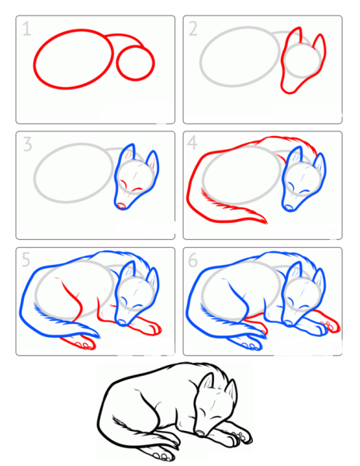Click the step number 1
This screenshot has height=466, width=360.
tap(26, 30)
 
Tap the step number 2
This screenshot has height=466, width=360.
tap(193, 30)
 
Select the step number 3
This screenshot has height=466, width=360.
tap(27, 144)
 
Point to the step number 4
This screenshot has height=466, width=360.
tap(192, 143)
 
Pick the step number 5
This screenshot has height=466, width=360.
tap(26, 259)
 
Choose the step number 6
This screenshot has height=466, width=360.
tap(193, 260)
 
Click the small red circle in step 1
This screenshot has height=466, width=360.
tap(136, 64)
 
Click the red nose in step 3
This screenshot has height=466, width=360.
tap(121, 205)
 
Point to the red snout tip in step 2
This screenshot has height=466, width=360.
tap(287, 90)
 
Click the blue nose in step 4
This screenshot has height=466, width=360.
tap(289, 207)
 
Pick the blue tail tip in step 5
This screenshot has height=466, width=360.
tap(95, 334)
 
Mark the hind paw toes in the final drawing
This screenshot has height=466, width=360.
tap(162, 456)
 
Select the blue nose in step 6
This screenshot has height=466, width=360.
tap(288, 323)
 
